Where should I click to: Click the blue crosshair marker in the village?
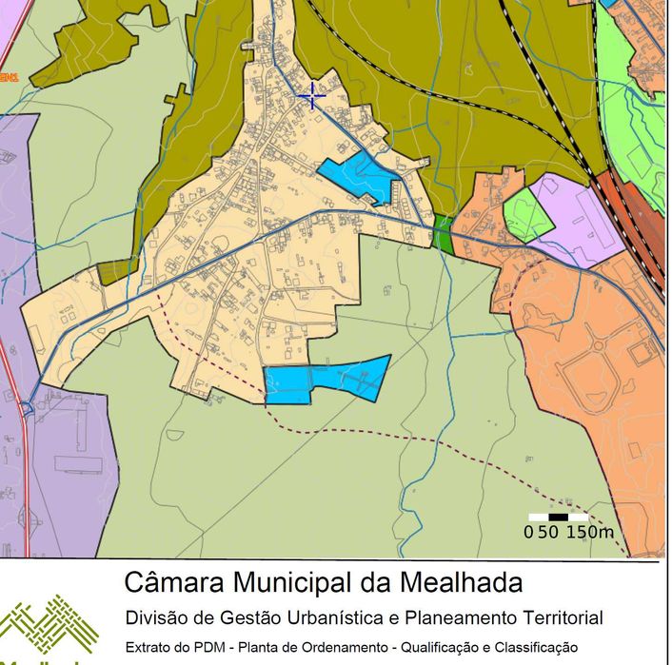tap(311, 95)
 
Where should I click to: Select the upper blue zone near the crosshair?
tap(357, 175)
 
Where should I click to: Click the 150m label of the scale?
tap(590, 532)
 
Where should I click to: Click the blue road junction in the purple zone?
tap(26, 408)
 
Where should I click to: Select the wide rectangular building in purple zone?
tap(78, 464)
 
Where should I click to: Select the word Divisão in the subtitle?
tap(157, 618)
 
